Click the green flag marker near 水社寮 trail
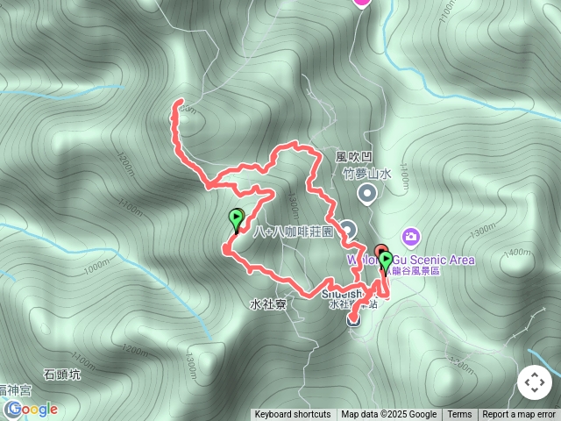tap(236, 218)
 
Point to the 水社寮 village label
tap(267, 305)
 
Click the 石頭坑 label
tap(61, 375)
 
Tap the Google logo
tap(35, 409)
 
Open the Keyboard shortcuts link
tap(293, 415)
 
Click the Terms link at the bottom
tap(459, 415)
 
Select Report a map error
tap(520, 415)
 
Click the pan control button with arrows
tap(534, 382)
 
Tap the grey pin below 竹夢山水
tap(367, 193)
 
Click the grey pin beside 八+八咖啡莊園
tap(348, 230)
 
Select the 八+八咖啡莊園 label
tap(294, 232)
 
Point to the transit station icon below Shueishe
tap(353, 319)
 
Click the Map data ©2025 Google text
tap(388, 415)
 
